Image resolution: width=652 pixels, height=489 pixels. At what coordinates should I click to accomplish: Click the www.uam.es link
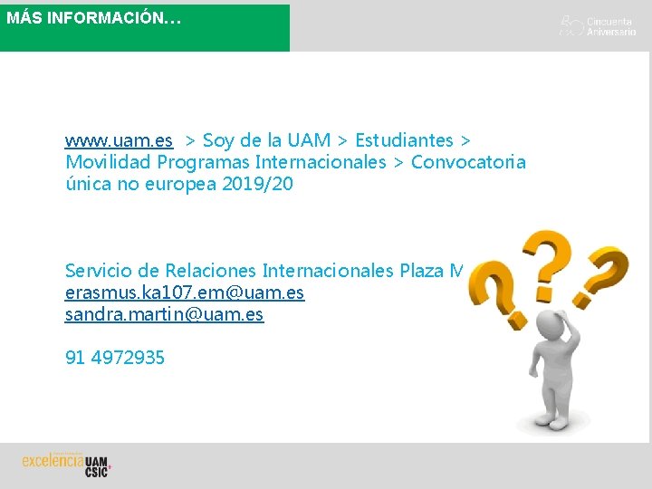(x=119, y=140)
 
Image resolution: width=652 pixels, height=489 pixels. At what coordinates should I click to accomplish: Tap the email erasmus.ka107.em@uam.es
(x=185, y=292)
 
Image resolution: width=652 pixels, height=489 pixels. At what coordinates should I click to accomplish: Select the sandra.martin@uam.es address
(x=164, y=314)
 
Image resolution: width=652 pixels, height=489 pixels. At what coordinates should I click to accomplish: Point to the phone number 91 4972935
(x=115, y=358)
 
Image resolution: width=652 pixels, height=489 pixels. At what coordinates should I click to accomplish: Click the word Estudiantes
(x=404, y=140)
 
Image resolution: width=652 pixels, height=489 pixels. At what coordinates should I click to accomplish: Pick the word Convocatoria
(x=468, y=162)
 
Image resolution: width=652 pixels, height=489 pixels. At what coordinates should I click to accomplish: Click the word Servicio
(x=99, y=271)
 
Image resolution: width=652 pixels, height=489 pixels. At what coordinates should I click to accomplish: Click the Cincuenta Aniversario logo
(x=598, y=25)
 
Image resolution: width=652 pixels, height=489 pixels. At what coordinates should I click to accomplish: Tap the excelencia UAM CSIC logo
(x=66, y=463)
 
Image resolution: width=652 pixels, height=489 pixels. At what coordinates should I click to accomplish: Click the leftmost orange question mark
(x=493, y=288)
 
